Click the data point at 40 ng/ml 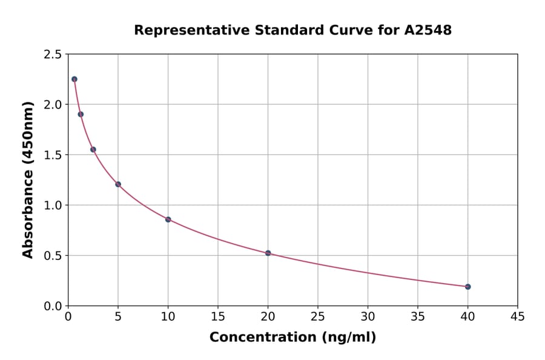click(467, 287)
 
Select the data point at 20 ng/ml click(268, 253)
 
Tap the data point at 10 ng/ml click(168, 219)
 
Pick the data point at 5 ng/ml click(118, 184)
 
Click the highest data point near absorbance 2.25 click(74, 79)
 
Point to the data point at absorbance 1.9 click(81, 114)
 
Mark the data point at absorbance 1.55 click(93, 150)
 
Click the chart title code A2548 click(428, 30)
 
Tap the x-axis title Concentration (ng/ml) click(292, 337)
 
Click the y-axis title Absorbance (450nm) click(28, 179)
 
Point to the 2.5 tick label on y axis click(52, 54)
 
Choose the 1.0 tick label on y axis click(52, 205)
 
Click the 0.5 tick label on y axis click(52, 255)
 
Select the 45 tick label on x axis click(517, 316)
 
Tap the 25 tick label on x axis click(318, 316)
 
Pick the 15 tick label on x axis click(218, 316)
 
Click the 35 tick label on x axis click(418, 316)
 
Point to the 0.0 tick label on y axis click(52, 305)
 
